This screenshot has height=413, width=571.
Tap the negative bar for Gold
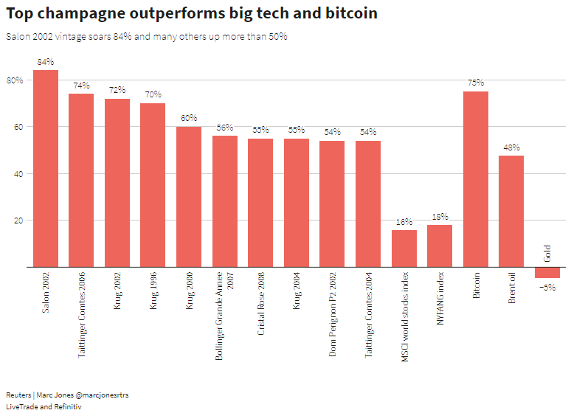click(x=547, y=273)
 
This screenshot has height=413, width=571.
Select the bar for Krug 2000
click(x=189, y=197)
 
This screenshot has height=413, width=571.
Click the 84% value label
click(x=46, y=62)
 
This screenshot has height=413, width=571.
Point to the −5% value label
click(x=547, y=287)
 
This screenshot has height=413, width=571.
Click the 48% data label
click(x=511, y=147)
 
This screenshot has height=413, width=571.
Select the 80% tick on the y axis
click(x=15, y=80)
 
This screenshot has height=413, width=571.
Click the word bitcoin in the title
click(x=347, y=13)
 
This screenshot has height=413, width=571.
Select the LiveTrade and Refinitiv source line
click(x=44, y=407)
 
